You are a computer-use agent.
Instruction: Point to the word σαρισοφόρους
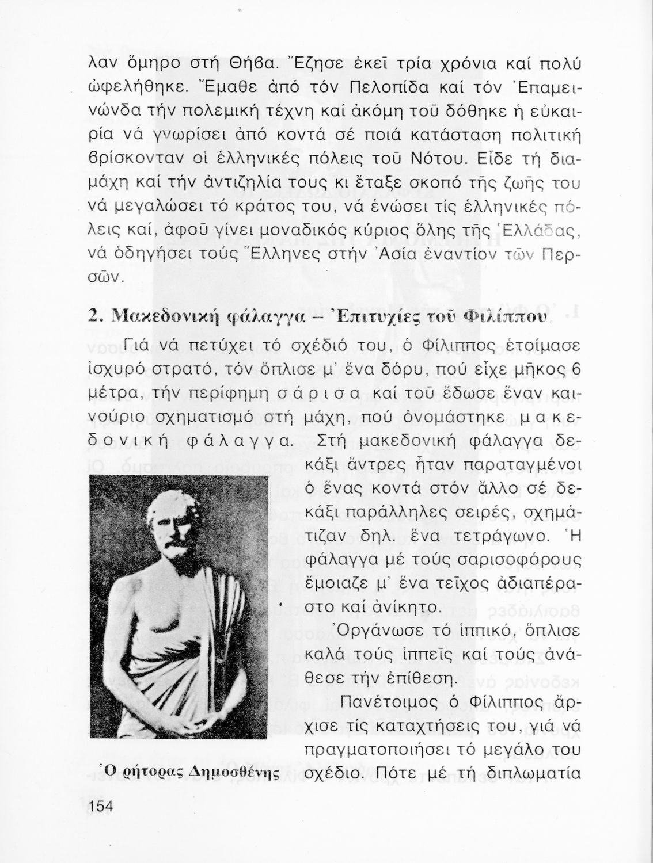click(515, 560)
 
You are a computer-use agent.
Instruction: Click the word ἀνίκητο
click(396, 607)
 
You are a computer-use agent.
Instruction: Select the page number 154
click(102, 806)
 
